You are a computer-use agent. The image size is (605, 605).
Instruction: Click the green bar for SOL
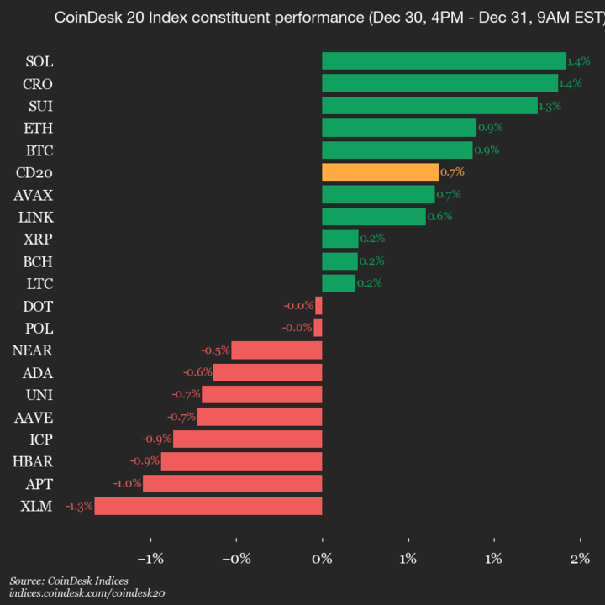(x=444, y=60)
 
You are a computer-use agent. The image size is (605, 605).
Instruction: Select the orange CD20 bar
(x=380, y=171)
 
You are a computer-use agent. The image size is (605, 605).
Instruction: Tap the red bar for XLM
(x=208, y=506)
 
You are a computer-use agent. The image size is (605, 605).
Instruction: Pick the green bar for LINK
(x=373, y=216)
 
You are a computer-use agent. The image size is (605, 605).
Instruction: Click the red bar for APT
(x=233, y=483)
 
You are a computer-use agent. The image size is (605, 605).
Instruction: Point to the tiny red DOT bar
(x=318, y=306)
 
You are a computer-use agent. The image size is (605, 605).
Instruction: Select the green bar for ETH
(x=398, y=128)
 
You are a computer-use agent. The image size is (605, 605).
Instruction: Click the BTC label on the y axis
(x=39, y=150)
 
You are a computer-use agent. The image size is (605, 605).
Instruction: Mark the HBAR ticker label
(x=34, y=461)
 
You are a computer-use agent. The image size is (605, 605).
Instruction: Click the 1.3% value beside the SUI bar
(x=550, y=106)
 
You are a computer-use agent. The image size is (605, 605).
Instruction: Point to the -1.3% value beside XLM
(x=79, y=506)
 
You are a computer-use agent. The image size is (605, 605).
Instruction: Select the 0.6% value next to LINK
(x=439, y=216)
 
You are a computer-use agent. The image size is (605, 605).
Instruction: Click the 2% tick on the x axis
(x=580, y=559)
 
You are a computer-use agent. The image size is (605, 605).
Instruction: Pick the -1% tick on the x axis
(x=150, y=559)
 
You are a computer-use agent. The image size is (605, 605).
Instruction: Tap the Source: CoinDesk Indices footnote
(x=69, y=581)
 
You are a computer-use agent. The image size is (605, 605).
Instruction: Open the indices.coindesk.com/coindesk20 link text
(x=87, y=593)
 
